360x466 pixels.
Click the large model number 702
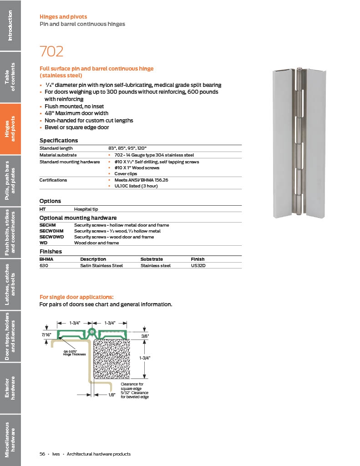coord(51,51)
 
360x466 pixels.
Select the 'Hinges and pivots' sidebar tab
coord(10,129)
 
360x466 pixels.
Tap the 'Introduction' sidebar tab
coord(10,25)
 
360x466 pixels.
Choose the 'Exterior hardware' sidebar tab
coord(10,388)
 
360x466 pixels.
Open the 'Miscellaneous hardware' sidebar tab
coord(10,440)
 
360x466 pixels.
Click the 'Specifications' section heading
coord(59,141)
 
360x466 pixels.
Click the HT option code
coord(43,209)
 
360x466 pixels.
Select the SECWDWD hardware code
coord(52,237)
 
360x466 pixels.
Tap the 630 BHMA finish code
coord(44,265)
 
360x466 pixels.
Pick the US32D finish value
coord(198,265)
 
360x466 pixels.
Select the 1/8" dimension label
coord(112,395)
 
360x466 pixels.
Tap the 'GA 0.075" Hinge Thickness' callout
coord(74,353)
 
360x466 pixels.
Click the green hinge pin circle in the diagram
coord(91,331)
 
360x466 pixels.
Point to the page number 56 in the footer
coord(42,454)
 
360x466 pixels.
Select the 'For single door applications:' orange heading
coord(76,297)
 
